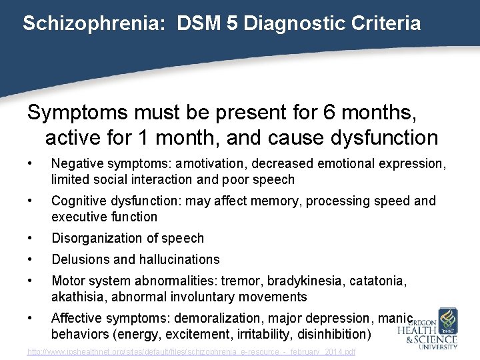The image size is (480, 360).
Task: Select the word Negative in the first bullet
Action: point(74,163)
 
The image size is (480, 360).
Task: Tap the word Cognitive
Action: point(77,201)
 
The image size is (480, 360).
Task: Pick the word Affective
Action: point(76,318)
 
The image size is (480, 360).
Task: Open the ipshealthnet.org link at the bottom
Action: point(191,351)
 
